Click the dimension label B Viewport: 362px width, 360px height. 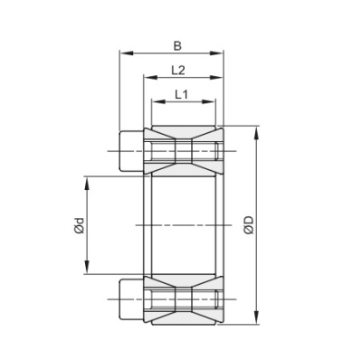(x=176, y=43)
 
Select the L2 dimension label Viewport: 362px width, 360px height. (x=178, y=70)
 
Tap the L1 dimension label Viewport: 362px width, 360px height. (x=181, y=94)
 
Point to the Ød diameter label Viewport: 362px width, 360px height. (x=79, y=225)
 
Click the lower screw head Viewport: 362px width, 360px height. (x=129, y=299)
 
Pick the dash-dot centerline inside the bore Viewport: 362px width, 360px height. (x=181, y=223)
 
